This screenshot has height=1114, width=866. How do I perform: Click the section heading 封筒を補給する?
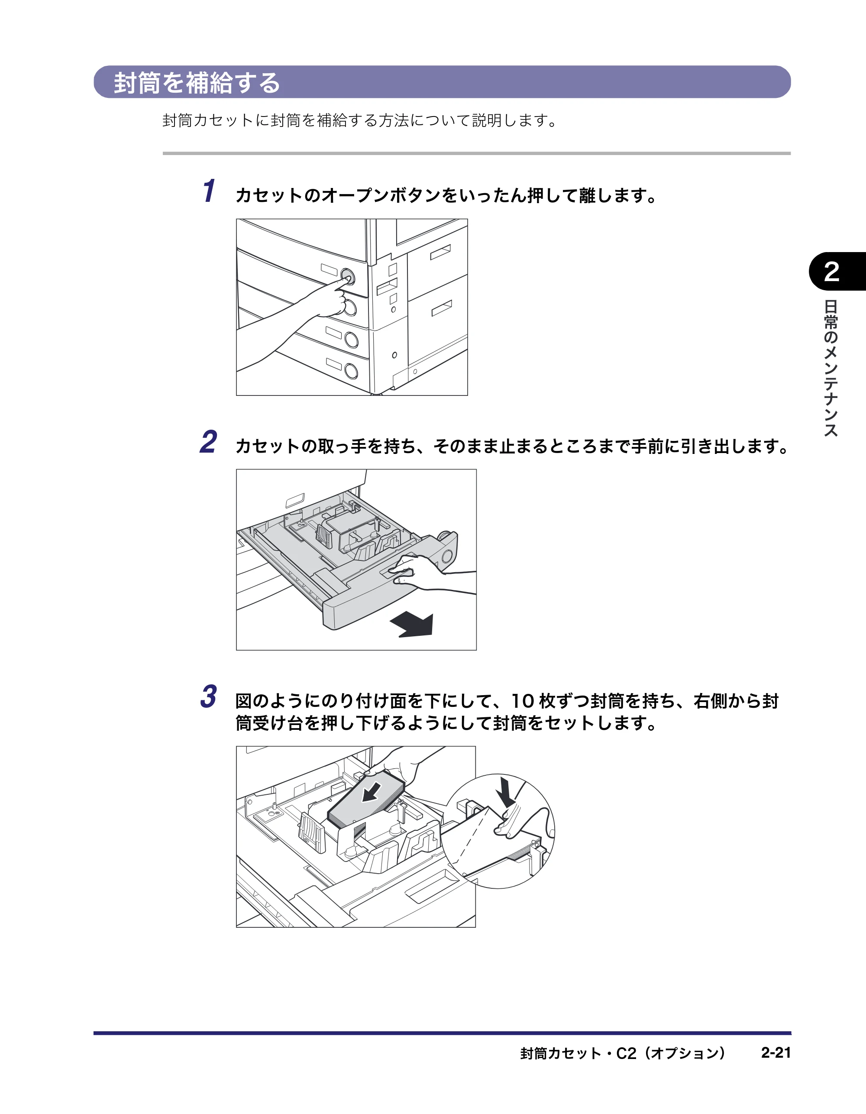(197, 83)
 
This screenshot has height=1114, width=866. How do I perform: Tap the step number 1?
(209, 191)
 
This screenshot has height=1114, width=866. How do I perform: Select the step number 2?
(208, 442)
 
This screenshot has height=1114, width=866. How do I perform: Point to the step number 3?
(208, 697)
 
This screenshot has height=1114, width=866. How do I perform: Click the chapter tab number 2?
(831, 272)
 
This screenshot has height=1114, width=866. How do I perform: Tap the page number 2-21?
(776, 1052)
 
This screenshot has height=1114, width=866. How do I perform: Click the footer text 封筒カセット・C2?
(578, 1053)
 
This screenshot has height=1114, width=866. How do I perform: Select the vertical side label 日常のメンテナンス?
(831, 368)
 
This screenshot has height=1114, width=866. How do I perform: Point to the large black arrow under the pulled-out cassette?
(412, 625)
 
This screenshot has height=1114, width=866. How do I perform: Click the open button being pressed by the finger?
(348, 276)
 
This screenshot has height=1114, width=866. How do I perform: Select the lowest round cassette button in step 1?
(351, 371)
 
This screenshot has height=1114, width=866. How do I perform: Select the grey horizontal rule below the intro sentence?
(476, 153)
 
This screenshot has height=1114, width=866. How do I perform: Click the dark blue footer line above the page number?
(442, 1033)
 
